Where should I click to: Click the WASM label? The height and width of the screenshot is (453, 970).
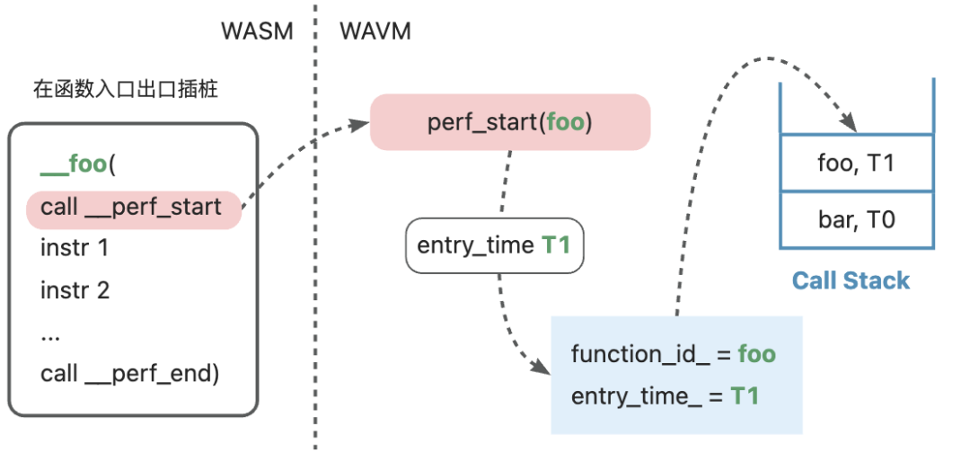(258, 31)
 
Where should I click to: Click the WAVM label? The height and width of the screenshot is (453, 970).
(375, 31)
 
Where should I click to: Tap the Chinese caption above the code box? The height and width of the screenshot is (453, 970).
(126, 91)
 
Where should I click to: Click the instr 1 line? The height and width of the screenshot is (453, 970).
(75, 249)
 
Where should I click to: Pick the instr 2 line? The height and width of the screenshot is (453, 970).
(75, 290)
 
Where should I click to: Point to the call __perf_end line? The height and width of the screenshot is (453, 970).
(130, 375)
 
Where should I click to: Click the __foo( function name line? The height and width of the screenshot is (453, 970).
(78, 167)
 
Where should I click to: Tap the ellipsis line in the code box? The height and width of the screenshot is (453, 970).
(49, 337)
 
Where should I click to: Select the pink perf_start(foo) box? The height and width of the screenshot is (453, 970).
(510, 122)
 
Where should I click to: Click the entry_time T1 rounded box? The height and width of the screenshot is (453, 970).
(494, 245)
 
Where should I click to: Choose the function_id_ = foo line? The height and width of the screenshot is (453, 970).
(673, 355)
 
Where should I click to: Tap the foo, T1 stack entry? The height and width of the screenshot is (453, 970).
(856, 164)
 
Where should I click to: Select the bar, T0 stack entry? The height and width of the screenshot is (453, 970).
(856, 219)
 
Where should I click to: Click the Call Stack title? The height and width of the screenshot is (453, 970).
(851, 281)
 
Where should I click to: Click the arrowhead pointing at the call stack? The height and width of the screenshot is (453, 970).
(849, 123)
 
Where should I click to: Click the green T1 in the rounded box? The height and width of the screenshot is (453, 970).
(556, 245)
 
